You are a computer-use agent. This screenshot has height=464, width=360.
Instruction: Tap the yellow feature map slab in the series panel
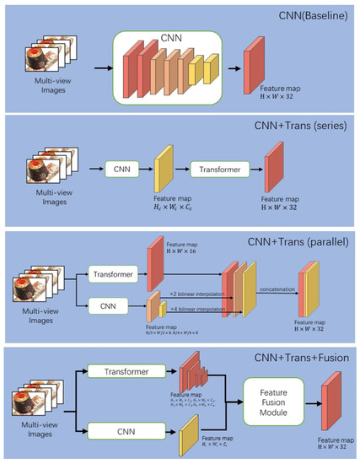click(x=164, y=179)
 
